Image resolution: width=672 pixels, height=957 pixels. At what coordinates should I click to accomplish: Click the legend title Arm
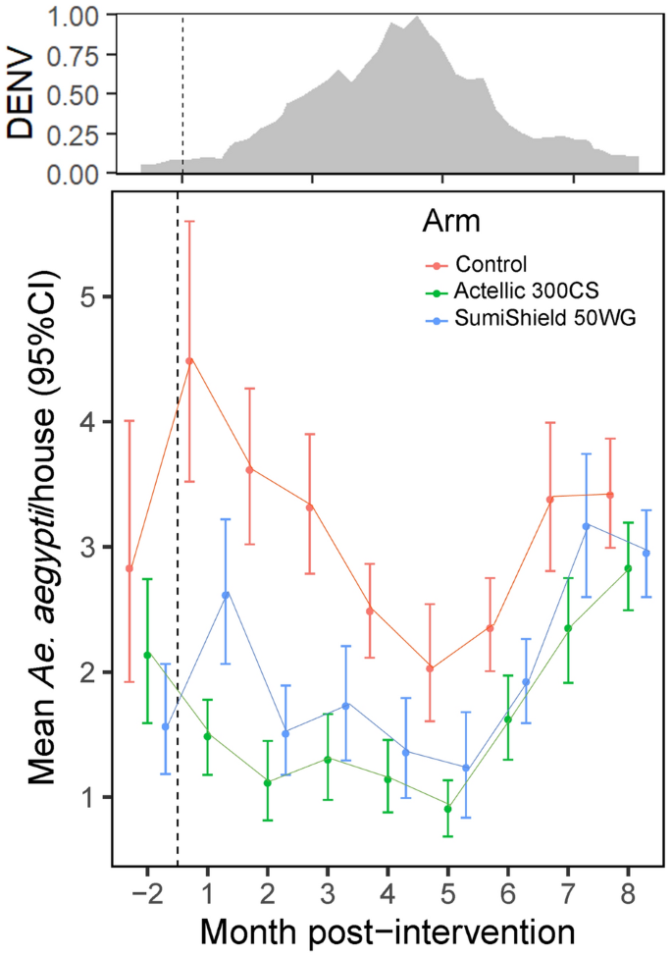(x=450, y=222)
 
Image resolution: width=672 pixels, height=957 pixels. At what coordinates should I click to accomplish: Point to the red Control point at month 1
(x=189, y=360)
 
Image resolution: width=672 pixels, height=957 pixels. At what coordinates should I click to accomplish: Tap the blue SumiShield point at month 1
(x=226, y=595)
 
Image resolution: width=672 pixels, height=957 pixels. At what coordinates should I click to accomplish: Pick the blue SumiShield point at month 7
(x=586, y=526)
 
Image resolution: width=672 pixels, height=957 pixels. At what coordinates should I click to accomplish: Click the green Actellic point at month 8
(x=628, y=568)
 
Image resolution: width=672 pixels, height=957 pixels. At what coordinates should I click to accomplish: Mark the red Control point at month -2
(x=129, y=568)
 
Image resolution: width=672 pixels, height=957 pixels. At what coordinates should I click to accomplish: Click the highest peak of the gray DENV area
(x=418, y=17)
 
